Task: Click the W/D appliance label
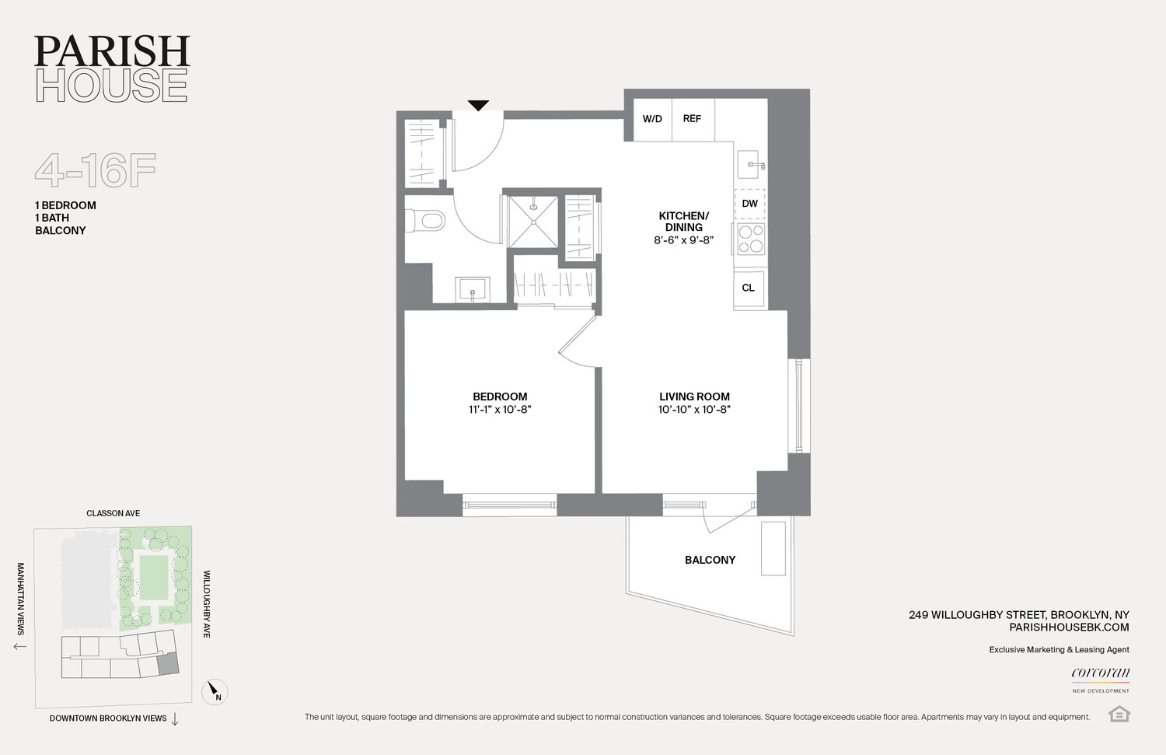click(x=652, y=119)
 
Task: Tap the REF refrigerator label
click(x=692, y=119)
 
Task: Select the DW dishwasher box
click(x=750, y=204)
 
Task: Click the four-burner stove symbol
click(x=751, y=239)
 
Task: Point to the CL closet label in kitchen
click(x=749, y=288)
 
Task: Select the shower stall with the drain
click(x=533, y=222)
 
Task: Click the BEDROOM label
click(x=500, y=397)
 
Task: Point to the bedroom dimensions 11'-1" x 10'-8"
click(x=500, y=410)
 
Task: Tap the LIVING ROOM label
click(x=694, y=397)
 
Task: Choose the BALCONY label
click(x=710, y=560)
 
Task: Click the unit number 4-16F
click(x=96, y=170)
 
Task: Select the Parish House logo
click(x=112, y=68)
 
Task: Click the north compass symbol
click(x=215, y=691)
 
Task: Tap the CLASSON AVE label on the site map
click(x=113, y=513)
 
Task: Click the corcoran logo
click(x=1101, y=673)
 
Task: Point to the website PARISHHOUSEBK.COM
click(x=1069, y=627)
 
